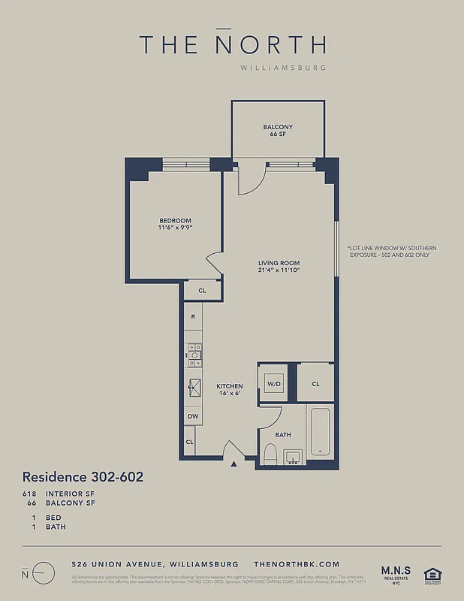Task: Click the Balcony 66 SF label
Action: coord(278,131)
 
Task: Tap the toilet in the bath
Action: coord(270,454)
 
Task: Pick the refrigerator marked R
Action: coord(193,317)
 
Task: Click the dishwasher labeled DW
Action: coord(193,415)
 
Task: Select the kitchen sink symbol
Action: coord(194,387)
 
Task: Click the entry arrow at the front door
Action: coord(234,464)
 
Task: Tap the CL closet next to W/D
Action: coord(315,384)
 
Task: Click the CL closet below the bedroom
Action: coord(202,290)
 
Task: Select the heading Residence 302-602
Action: coord(83,477)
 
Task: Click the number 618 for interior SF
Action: coord(29,494)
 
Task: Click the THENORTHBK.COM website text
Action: coord(297,564)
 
